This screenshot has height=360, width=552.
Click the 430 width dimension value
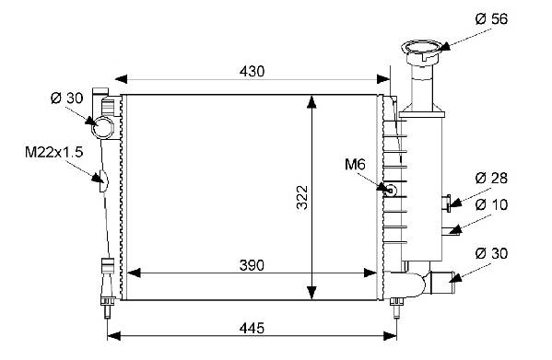(252, 72)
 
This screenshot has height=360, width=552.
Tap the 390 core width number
(252, 265)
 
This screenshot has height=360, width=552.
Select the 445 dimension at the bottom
(252, 329)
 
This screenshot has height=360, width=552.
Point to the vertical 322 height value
(302, 197)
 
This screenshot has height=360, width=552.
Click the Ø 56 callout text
(491, 19)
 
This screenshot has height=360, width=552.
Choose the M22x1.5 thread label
(53, 152)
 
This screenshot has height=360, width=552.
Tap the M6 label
(355, 164)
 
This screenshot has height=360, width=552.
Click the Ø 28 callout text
(491, 179)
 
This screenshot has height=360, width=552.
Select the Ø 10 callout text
(491, 204)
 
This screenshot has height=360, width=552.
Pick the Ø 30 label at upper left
(67, 99)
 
